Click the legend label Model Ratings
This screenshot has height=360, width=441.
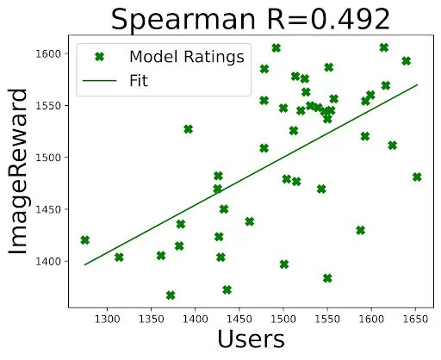pyautogui.click(x=186, y=57)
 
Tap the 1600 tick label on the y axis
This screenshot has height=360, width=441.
pyautogui.click(x=55, y=53)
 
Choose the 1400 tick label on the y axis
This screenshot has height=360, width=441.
pyautogui.click(x=55, y=261)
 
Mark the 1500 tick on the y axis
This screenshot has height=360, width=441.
pyautogui.click(x=55, y=158)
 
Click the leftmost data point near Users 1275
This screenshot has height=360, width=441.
pyautogui.click(x=84, y=240)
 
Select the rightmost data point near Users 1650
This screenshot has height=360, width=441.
pyautogui.click(x=417, y=177)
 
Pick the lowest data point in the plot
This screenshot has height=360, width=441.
pyautogui.click(x=171, y=295)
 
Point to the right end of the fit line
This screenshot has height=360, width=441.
pyautogui.click(x=418, y=85)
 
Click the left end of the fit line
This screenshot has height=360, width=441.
pyautogui.click(x=84, y=264)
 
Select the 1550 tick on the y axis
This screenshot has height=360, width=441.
pyautogui.click(x=55, y=105)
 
